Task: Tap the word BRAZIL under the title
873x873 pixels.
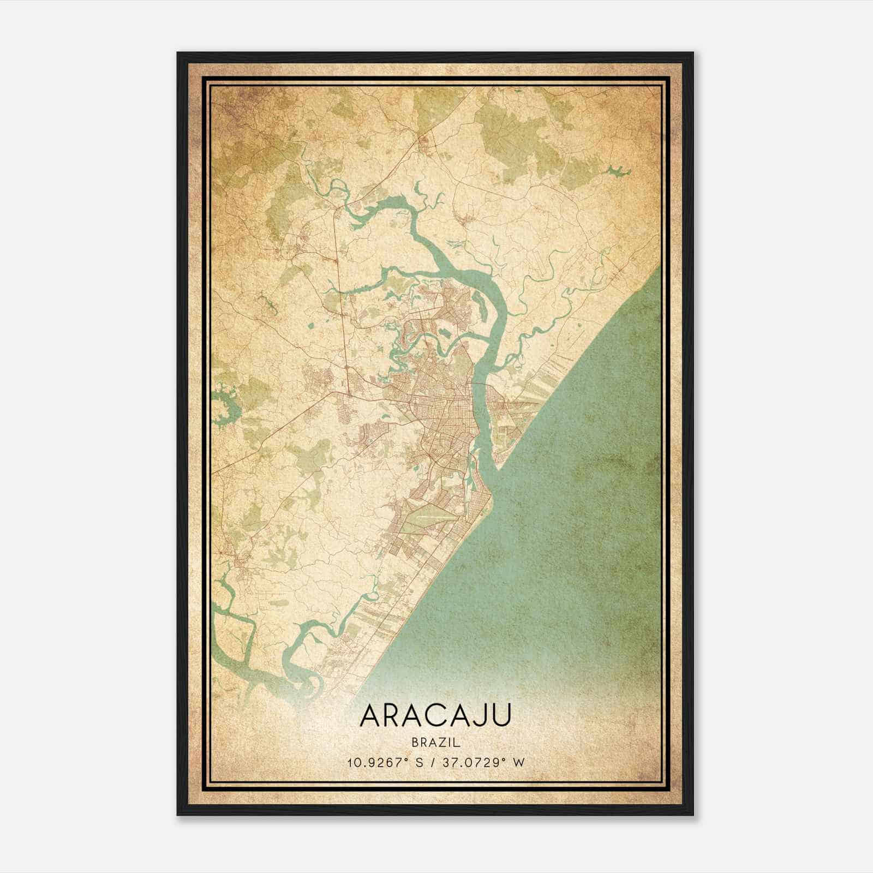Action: pos(436,742)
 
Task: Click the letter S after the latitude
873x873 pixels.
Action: pos(420,762)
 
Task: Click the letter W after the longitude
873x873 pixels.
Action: pos(519,762)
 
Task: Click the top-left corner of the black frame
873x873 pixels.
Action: pos(178,53)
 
